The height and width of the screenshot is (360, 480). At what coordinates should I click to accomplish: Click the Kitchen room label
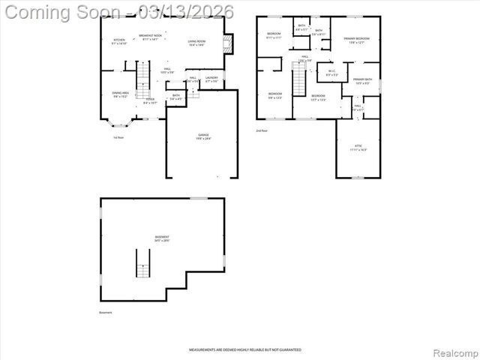119,41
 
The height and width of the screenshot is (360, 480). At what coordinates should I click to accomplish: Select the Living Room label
196,43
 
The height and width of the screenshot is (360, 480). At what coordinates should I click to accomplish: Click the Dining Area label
121,94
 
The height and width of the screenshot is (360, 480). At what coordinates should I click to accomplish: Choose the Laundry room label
211,79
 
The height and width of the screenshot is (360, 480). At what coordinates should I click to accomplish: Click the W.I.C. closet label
331,73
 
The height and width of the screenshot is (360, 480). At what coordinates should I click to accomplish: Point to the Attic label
358,148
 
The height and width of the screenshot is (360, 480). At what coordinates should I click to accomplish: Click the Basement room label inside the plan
162,238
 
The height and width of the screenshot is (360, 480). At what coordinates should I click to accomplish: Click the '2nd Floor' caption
262,130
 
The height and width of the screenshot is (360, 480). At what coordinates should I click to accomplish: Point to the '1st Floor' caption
118,136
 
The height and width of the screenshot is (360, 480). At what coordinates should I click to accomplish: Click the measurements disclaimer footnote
240,349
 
